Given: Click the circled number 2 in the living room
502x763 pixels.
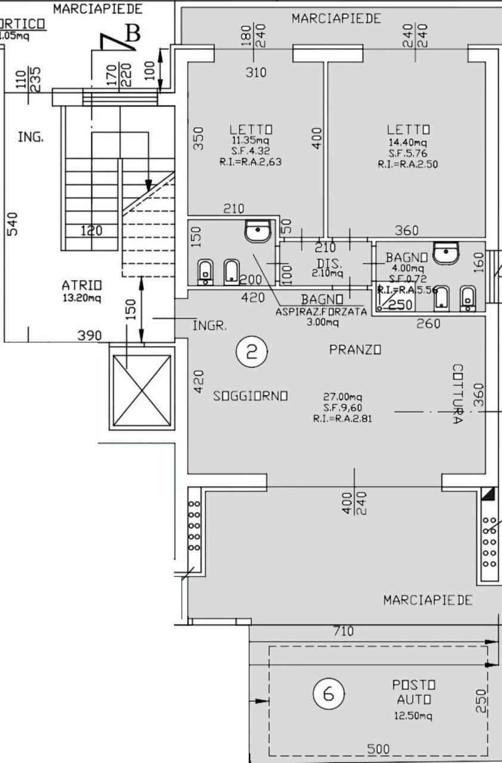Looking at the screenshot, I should (251, 352).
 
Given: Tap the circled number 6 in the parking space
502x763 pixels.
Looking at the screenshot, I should (328, 694).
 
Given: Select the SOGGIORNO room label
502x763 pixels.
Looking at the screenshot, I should (251, 395).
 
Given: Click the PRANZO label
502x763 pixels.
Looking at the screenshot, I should (355, 350).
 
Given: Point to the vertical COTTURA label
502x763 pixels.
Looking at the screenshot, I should (457, 394).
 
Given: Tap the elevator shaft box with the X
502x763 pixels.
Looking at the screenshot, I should (142, 388).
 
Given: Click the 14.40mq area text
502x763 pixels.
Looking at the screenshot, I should (407, 143).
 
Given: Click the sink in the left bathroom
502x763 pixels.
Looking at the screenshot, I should (258, 230).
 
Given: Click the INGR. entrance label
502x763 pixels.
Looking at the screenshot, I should (209, 326).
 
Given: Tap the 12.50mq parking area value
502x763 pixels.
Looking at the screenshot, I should (413, 716).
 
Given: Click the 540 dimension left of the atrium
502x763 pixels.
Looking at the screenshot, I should (13, 224).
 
